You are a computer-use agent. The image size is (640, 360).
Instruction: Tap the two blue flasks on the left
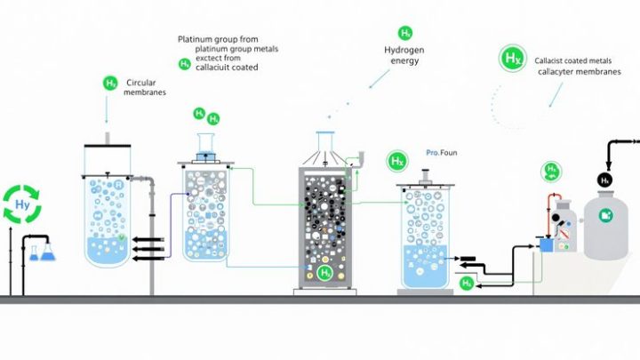point(40,253)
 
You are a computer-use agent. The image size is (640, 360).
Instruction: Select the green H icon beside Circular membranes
point(110,84)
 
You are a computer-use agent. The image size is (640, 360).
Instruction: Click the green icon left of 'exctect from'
point(185,64)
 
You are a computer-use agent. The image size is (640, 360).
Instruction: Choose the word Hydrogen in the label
point(405,51)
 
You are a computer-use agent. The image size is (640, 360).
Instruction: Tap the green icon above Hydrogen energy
point(405,33)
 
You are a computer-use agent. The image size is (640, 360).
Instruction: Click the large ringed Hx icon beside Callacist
point(513,60)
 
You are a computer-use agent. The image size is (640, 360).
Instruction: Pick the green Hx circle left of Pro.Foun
point(397,162)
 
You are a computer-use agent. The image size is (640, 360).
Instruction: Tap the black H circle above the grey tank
point(605,180)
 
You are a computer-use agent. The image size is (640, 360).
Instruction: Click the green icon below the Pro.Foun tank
point(467,284)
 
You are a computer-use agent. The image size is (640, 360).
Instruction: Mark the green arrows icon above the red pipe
point(552,172)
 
